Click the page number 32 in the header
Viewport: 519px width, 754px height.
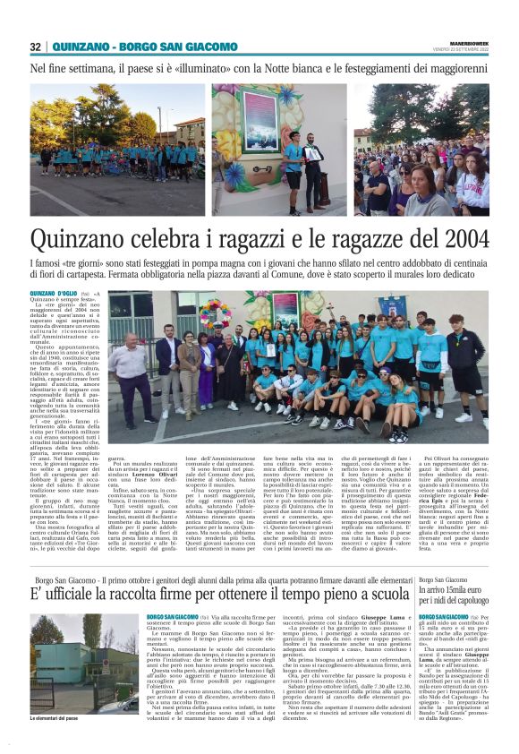coord(36,47)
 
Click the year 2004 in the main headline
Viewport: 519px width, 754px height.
coord(456,239)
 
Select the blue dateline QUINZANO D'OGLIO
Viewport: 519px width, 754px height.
coord(54,294)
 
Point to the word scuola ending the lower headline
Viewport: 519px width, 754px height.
coord(387,595)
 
